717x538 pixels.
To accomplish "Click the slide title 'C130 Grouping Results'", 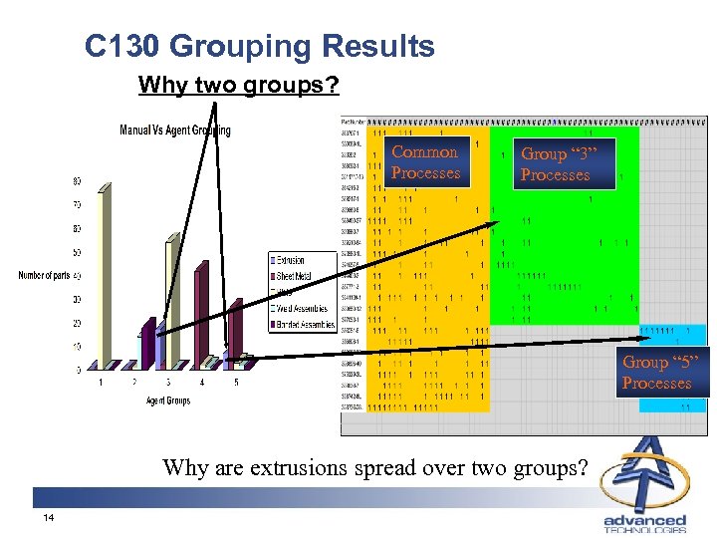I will (x=260, y=46).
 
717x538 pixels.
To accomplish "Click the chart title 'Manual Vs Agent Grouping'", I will (x=174, y=130).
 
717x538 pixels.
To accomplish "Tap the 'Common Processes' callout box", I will (x=425, y=162).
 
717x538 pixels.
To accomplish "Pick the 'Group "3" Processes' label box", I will (x=555, y=164).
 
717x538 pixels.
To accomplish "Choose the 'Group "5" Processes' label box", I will (x=656, y=373).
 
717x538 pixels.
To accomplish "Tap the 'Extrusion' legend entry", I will (x=290, y=259).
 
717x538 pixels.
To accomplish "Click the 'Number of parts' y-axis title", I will (x=45, y=275).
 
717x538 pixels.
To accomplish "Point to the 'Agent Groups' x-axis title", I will (x=166, y=400).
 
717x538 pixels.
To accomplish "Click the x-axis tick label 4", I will (x=202, y=382).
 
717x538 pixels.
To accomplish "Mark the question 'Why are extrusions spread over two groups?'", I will (x=375, y=465).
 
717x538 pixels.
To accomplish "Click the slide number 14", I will (x=48, y=518).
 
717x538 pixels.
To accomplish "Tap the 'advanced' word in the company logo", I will (x=645, y=520).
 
